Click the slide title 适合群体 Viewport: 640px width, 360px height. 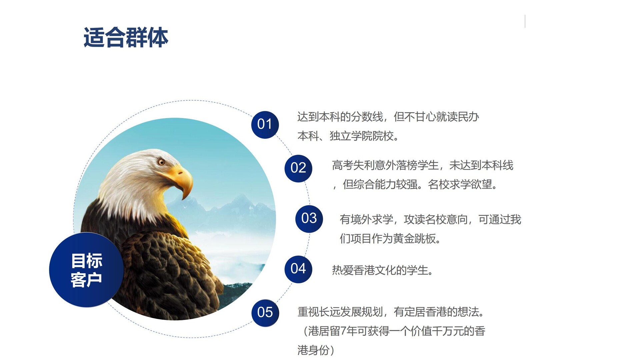point(126,37)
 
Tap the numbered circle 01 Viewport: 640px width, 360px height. point(265,125)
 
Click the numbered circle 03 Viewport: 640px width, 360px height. point(309,219)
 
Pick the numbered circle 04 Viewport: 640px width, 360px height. point(298,269)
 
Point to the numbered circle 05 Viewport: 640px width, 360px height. point(265,313)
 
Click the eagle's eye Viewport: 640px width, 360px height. point(161,162)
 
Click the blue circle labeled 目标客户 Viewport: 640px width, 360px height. point(87,270)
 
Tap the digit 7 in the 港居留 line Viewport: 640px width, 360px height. point(343,331)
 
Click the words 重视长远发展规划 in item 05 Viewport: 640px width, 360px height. point(340,312)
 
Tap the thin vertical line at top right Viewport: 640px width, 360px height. point(525,21)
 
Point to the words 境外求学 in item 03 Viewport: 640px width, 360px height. point(372,220)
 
